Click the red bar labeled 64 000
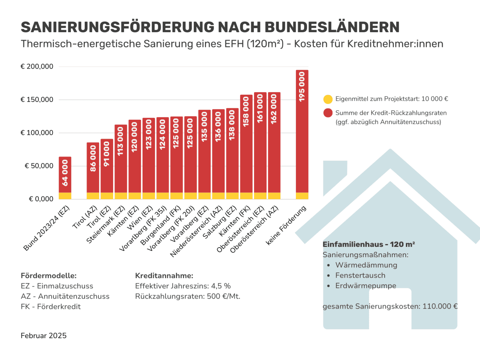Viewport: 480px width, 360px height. point(65,175)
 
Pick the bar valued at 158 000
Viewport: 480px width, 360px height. point(246,144)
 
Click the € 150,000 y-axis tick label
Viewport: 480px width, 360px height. point(37,100)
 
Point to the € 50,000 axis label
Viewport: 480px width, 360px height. point(39,166)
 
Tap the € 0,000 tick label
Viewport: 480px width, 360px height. point(41,199)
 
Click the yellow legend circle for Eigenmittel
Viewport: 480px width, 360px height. point(328,99)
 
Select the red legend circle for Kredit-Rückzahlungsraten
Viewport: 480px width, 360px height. point(328,113)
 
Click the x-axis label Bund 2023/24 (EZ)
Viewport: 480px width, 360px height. point(47,228)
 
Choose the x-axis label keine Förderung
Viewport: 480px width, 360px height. point(286,226)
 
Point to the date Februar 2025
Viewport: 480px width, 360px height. point(44,336)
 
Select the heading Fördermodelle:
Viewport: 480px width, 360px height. point(49,276)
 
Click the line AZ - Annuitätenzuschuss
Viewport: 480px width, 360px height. point(65,296)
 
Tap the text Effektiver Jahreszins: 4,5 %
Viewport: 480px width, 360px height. point(183,286)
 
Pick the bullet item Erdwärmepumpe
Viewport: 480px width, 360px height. point(365,286)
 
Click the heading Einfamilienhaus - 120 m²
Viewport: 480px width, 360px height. point(369,244)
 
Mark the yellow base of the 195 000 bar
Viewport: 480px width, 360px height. point(302,196)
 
